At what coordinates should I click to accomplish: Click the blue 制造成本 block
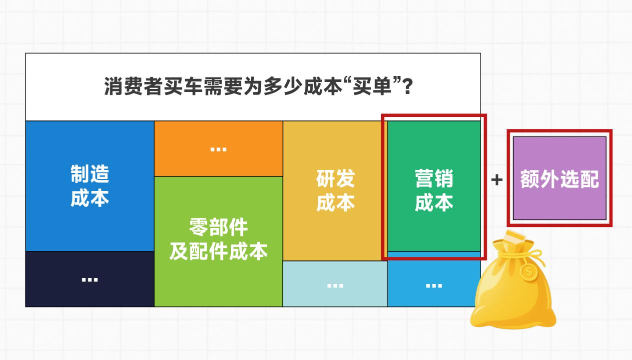(x=90, y=186)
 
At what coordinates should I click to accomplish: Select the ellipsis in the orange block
(x=218, y=149)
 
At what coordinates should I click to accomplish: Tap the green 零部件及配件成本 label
(x=218, y=239)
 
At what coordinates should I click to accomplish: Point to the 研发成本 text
(x=335, y=190)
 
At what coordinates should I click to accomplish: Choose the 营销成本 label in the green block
(x=434, y=190)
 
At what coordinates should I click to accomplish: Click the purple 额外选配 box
(x=560, y=178)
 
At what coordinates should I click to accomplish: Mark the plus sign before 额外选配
(x=497, y=180)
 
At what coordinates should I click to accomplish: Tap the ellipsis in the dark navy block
(x=90, y=280)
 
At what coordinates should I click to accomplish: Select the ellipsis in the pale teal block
(x=335, y=285)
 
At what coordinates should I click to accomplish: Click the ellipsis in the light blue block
(x=434, y=285)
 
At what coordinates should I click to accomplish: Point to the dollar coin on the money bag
(x=529, y=272)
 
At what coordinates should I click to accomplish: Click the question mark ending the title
(x=407, y=86)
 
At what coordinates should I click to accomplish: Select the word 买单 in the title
(x=372, y=86)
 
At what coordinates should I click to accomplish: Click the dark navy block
(x=90, y=279)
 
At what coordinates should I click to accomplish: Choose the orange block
(x=218, y=148)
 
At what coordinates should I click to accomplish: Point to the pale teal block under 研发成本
(x=335, y=284)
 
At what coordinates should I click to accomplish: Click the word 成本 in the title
(x=323, y=86)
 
